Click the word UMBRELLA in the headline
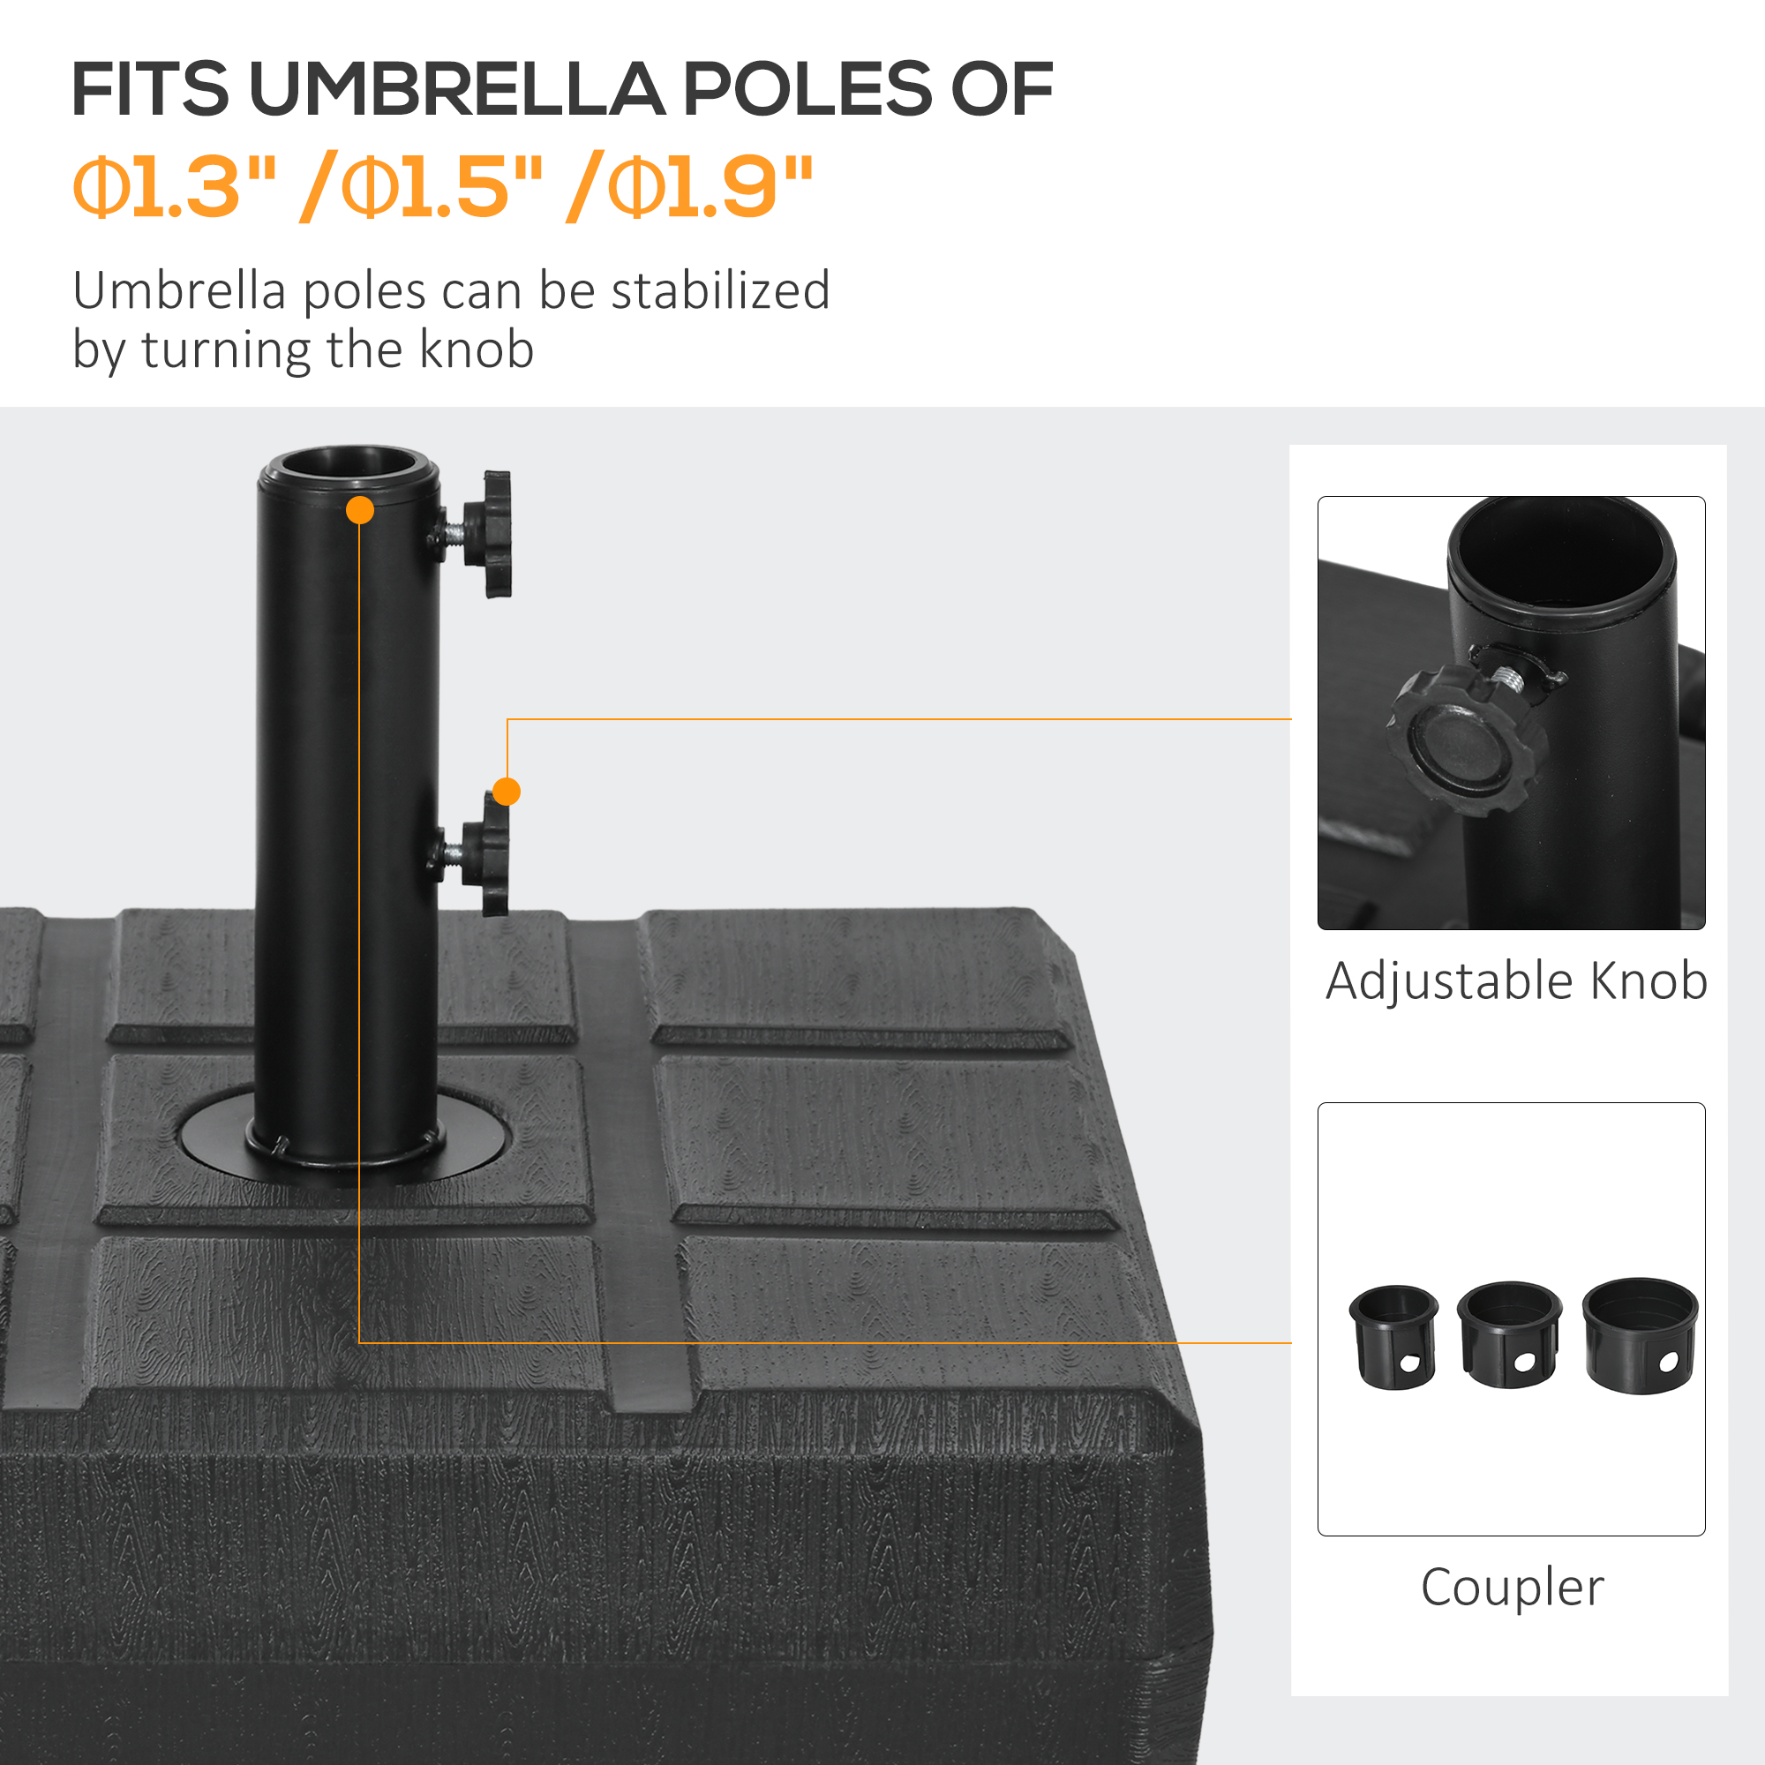point(456,89)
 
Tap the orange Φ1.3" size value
point(175,187)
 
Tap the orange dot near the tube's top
point(360,511)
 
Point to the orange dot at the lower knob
point(506,791)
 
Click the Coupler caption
point(1512,1588)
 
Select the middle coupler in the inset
point(1508,1334)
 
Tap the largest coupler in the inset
point(1640,1334)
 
